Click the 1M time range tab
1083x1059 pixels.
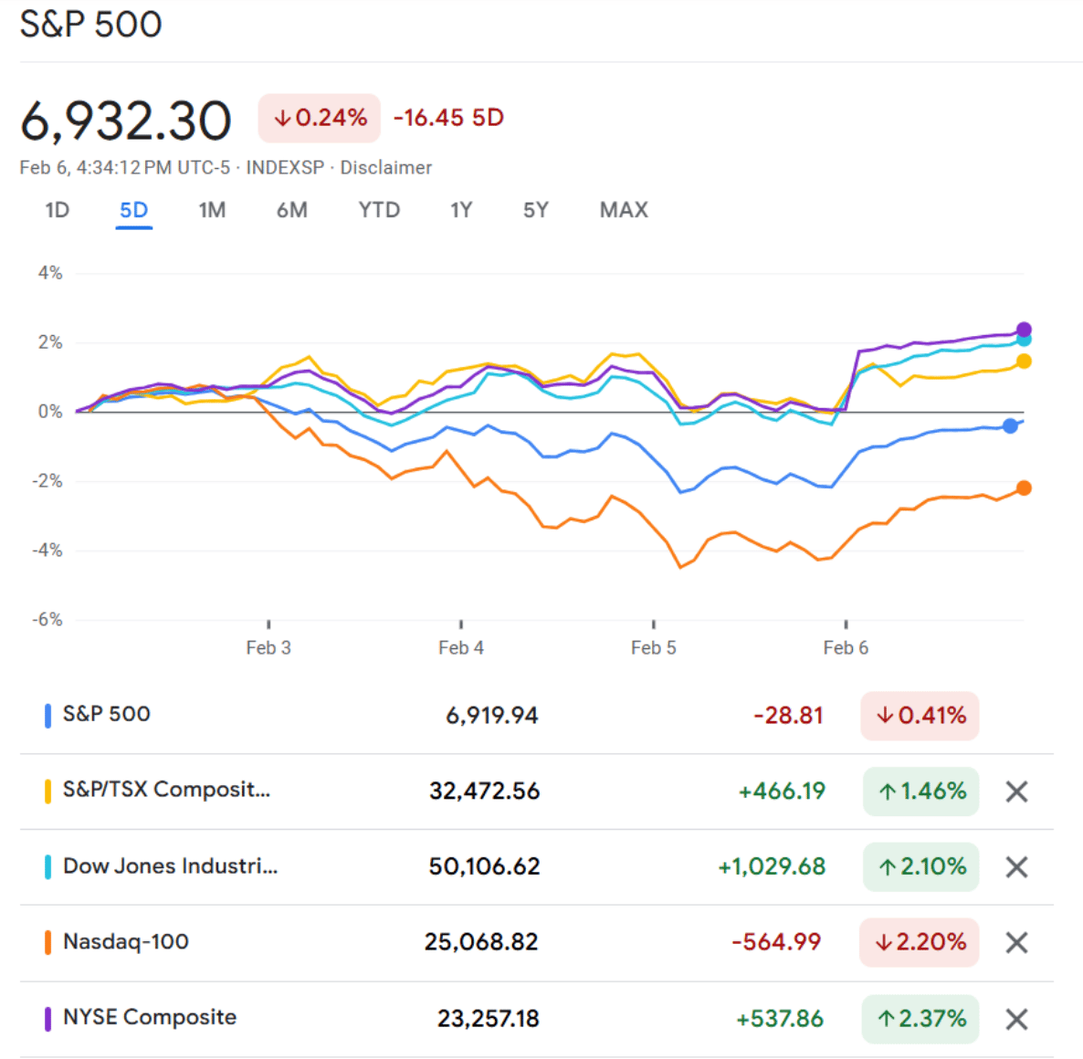(212, 210)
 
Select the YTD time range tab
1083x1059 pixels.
(379, 210)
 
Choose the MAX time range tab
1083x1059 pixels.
(624, 210)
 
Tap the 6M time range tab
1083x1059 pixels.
(292, 210)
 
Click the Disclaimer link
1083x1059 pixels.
(385, 168)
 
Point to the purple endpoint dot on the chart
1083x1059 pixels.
(1024, 330)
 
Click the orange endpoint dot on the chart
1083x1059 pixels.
(1024, 488)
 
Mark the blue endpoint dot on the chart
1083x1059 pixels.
(1010, 425)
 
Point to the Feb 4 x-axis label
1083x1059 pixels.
(461, 648)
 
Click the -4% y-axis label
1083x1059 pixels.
(47, 550)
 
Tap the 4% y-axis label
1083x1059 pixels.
(50, 273)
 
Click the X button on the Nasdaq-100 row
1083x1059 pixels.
(1016, 942)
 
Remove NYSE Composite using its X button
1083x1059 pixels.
(1016, 1019)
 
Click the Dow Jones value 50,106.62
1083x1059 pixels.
(484, 866)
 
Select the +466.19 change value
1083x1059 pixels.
(782, 791)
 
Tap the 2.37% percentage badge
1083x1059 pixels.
(920, 1019)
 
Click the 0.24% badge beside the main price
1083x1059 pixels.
(320, 118)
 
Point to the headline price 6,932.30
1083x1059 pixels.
(126, 121)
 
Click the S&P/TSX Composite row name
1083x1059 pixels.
(166, 790)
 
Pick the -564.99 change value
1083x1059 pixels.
(776, 942)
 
